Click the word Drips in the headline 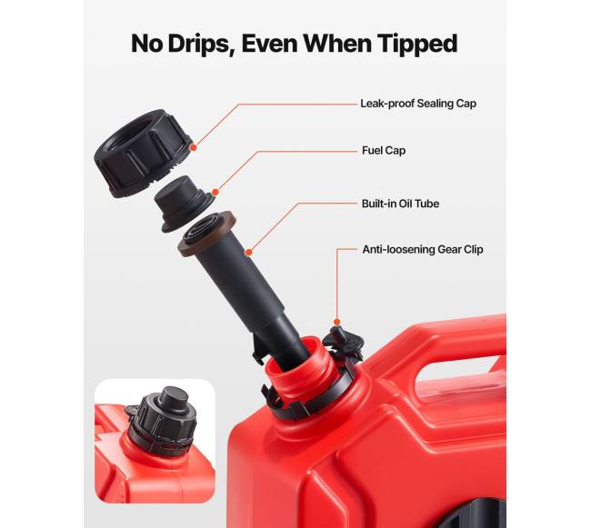click(199, 44)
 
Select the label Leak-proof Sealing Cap click(418, 104)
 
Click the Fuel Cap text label click(384, 151)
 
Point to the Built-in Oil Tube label click(400, 204)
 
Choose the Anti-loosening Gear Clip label click(423, 250)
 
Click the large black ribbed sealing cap click(143, 153)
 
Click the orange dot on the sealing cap click(193, 147)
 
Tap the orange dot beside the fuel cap click(215, 193)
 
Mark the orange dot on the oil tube click(248, 252)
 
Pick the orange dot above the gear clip click(337, 322)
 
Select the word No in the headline click(147, 44)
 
